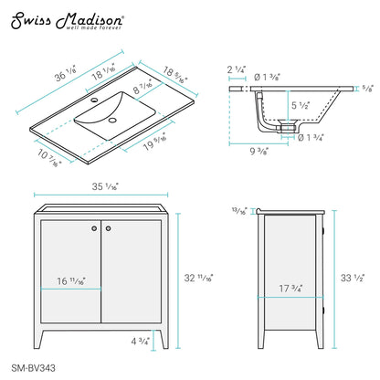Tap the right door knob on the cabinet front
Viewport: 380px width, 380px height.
click(x=108, y=228)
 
